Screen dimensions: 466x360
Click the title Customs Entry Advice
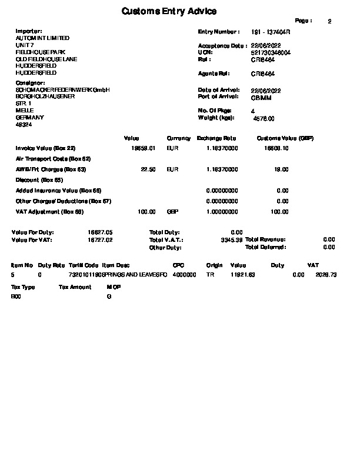point(169,11)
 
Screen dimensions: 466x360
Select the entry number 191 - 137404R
point(271,31)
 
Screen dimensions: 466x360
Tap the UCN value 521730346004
point(271,52)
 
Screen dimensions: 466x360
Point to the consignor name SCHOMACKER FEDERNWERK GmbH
point(62,89)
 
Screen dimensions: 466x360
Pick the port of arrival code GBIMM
point(261,96)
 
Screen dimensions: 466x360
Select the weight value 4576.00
point(264,118)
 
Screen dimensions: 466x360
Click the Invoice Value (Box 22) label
point(46,148)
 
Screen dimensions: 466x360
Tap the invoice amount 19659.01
point(143,148)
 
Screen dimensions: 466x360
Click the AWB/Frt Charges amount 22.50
point(148,169)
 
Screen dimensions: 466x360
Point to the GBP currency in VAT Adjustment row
point(172,212)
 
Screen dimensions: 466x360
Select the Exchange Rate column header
point(216,138)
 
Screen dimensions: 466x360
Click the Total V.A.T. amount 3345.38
point(231,240)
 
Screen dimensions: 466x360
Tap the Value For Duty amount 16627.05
point(100,232)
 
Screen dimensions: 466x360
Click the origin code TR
point(210,275)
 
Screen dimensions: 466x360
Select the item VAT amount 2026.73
point(326,275)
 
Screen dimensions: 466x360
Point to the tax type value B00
point(16,297)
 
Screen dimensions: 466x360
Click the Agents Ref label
point(214,74)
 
